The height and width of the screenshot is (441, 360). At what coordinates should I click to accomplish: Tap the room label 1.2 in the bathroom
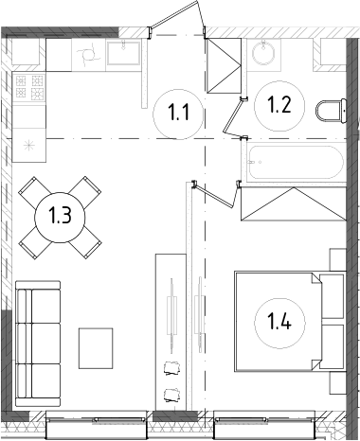[x=279, y=106]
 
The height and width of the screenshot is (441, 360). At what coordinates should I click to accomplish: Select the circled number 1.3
[x=60, y=217]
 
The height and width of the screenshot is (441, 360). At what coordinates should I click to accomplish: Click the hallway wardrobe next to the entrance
[x=226, y=64]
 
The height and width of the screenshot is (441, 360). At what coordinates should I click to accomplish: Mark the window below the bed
[x=262, y=423]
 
